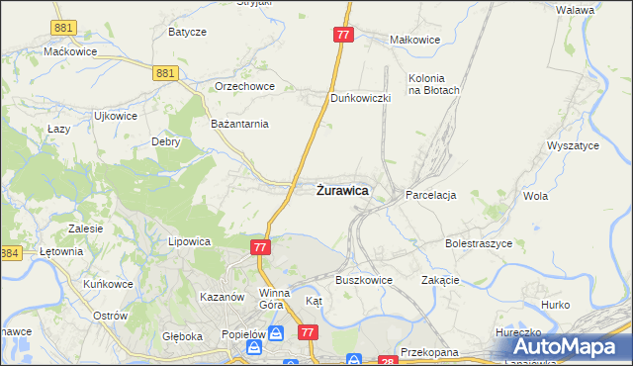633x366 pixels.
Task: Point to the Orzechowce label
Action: click(244, 86)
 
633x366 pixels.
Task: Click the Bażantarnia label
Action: click(240, 124)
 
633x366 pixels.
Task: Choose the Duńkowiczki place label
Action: click(361, 99)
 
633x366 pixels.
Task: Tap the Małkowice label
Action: click(414, 41)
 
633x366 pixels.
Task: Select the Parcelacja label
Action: click(430, 196)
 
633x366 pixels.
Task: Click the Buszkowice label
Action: click(364, 280)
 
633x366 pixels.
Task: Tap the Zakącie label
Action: click(440, 280)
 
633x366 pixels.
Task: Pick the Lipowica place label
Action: click(191, 241)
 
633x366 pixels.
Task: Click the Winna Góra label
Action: click(274, 299)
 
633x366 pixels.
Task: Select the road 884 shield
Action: click(10, 254)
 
